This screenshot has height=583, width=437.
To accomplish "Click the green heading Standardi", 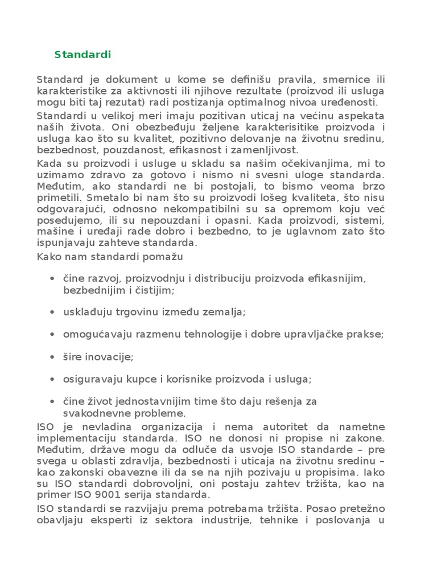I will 83,55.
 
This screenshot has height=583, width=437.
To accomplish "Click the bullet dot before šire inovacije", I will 52,356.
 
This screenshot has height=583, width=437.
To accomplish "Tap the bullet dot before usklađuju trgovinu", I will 52,312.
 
